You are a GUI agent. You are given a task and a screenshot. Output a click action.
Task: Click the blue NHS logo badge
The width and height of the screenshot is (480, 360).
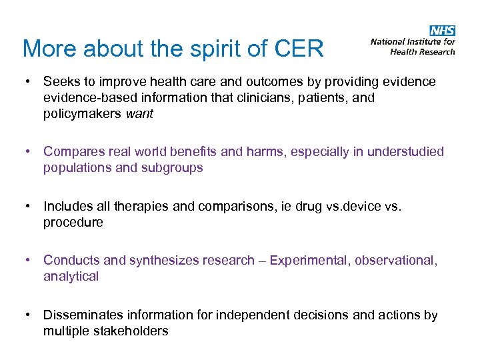point(442,30)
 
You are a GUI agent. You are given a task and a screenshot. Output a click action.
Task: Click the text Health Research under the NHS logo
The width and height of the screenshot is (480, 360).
point(423,51)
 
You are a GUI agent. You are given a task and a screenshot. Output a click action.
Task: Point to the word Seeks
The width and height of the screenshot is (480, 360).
point(61,82)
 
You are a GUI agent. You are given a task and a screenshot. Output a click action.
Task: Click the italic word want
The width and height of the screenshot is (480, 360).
point(139,114)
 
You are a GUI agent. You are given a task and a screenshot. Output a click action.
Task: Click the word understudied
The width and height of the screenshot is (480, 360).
point(403,152)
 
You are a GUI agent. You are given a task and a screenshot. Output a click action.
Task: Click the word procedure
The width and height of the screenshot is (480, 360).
point(73,223)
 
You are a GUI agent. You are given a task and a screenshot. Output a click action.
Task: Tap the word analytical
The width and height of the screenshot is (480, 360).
point(71,277)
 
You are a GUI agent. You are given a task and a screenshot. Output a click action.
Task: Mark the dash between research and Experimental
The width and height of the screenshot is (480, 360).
point(262,261)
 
